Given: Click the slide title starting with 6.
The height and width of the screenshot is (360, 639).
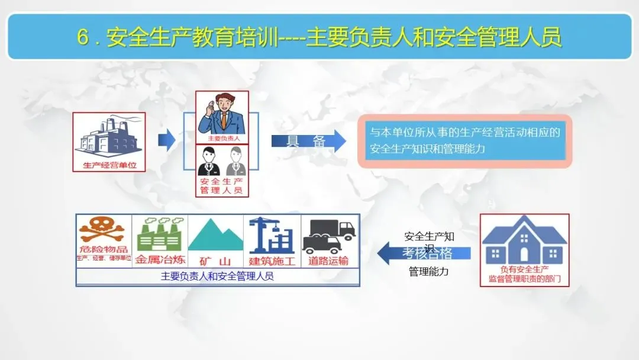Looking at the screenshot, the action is [319, 37].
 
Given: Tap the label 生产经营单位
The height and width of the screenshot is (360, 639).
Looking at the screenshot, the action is [109, 165].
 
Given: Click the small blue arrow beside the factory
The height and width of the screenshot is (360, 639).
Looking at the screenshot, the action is [167, 140].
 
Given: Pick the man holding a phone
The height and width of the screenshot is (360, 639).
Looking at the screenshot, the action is [222, 113].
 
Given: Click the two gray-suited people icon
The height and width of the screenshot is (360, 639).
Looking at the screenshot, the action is [222, 161].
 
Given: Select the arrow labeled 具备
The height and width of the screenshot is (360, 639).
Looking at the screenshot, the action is [308, 141].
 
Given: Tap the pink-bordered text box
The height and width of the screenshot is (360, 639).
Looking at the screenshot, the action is [464, 141].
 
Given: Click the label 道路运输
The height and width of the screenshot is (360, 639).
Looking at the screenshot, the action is [328, 261].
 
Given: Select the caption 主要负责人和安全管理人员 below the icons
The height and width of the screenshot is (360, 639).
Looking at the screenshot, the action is [217, 276].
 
